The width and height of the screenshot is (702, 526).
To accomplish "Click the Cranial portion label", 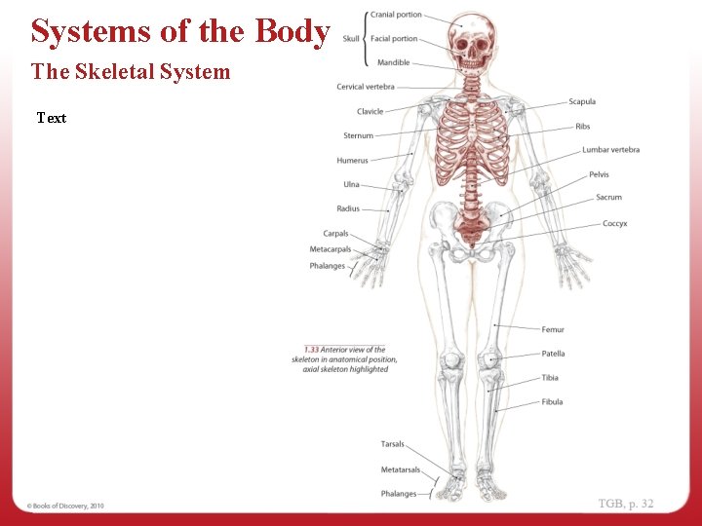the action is pos(396,15).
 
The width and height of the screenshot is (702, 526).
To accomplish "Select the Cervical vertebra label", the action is pos(366,87).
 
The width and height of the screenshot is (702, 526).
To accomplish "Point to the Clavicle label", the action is pos(370,111).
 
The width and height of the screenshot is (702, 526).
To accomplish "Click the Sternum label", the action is pos(359,135).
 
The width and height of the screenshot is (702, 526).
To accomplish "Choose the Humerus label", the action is pos(353,160).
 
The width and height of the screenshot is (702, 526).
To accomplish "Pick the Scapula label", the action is pos(582,101).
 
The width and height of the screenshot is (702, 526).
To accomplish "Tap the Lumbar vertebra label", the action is pos(611,150).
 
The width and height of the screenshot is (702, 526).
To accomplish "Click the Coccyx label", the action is pos(614,223).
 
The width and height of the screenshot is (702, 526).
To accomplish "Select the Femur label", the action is pos(553,329).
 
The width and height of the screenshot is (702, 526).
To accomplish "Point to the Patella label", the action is pos(553,354).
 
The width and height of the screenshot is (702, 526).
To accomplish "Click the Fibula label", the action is pos(552,401).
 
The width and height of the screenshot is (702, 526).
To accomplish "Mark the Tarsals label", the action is pos(393,444).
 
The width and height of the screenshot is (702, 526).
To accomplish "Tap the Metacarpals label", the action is pos(331,249).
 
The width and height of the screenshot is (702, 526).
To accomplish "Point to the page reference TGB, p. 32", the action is pos(626,504).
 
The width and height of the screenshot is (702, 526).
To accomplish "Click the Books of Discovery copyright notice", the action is pos(65,506).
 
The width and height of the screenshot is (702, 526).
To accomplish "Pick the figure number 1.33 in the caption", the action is pos(311,350).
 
